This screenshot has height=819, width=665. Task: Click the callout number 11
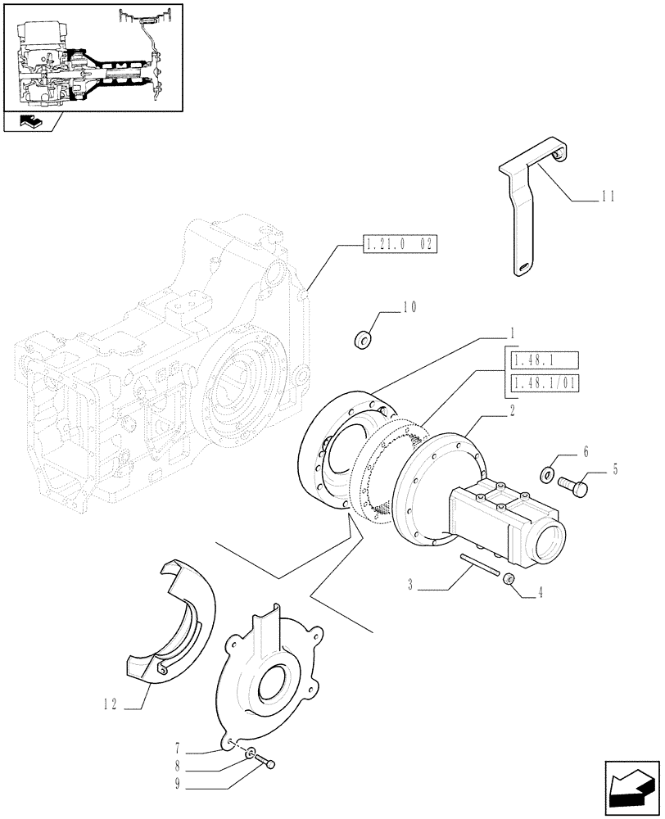pos(607,197)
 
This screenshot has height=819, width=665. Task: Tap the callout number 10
pos(409,308)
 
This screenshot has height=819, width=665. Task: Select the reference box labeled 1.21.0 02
pos(398,243)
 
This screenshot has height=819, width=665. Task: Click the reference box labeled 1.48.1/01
pos(543,385)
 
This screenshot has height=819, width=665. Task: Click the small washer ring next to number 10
pos(362,338)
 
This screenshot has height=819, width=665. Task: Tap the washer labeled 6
pos(548,473)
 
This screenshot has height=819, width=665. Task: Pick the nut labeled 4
pos(509,580)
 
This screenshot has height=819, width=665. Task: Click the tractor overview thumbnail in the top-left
pos(92,57)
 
